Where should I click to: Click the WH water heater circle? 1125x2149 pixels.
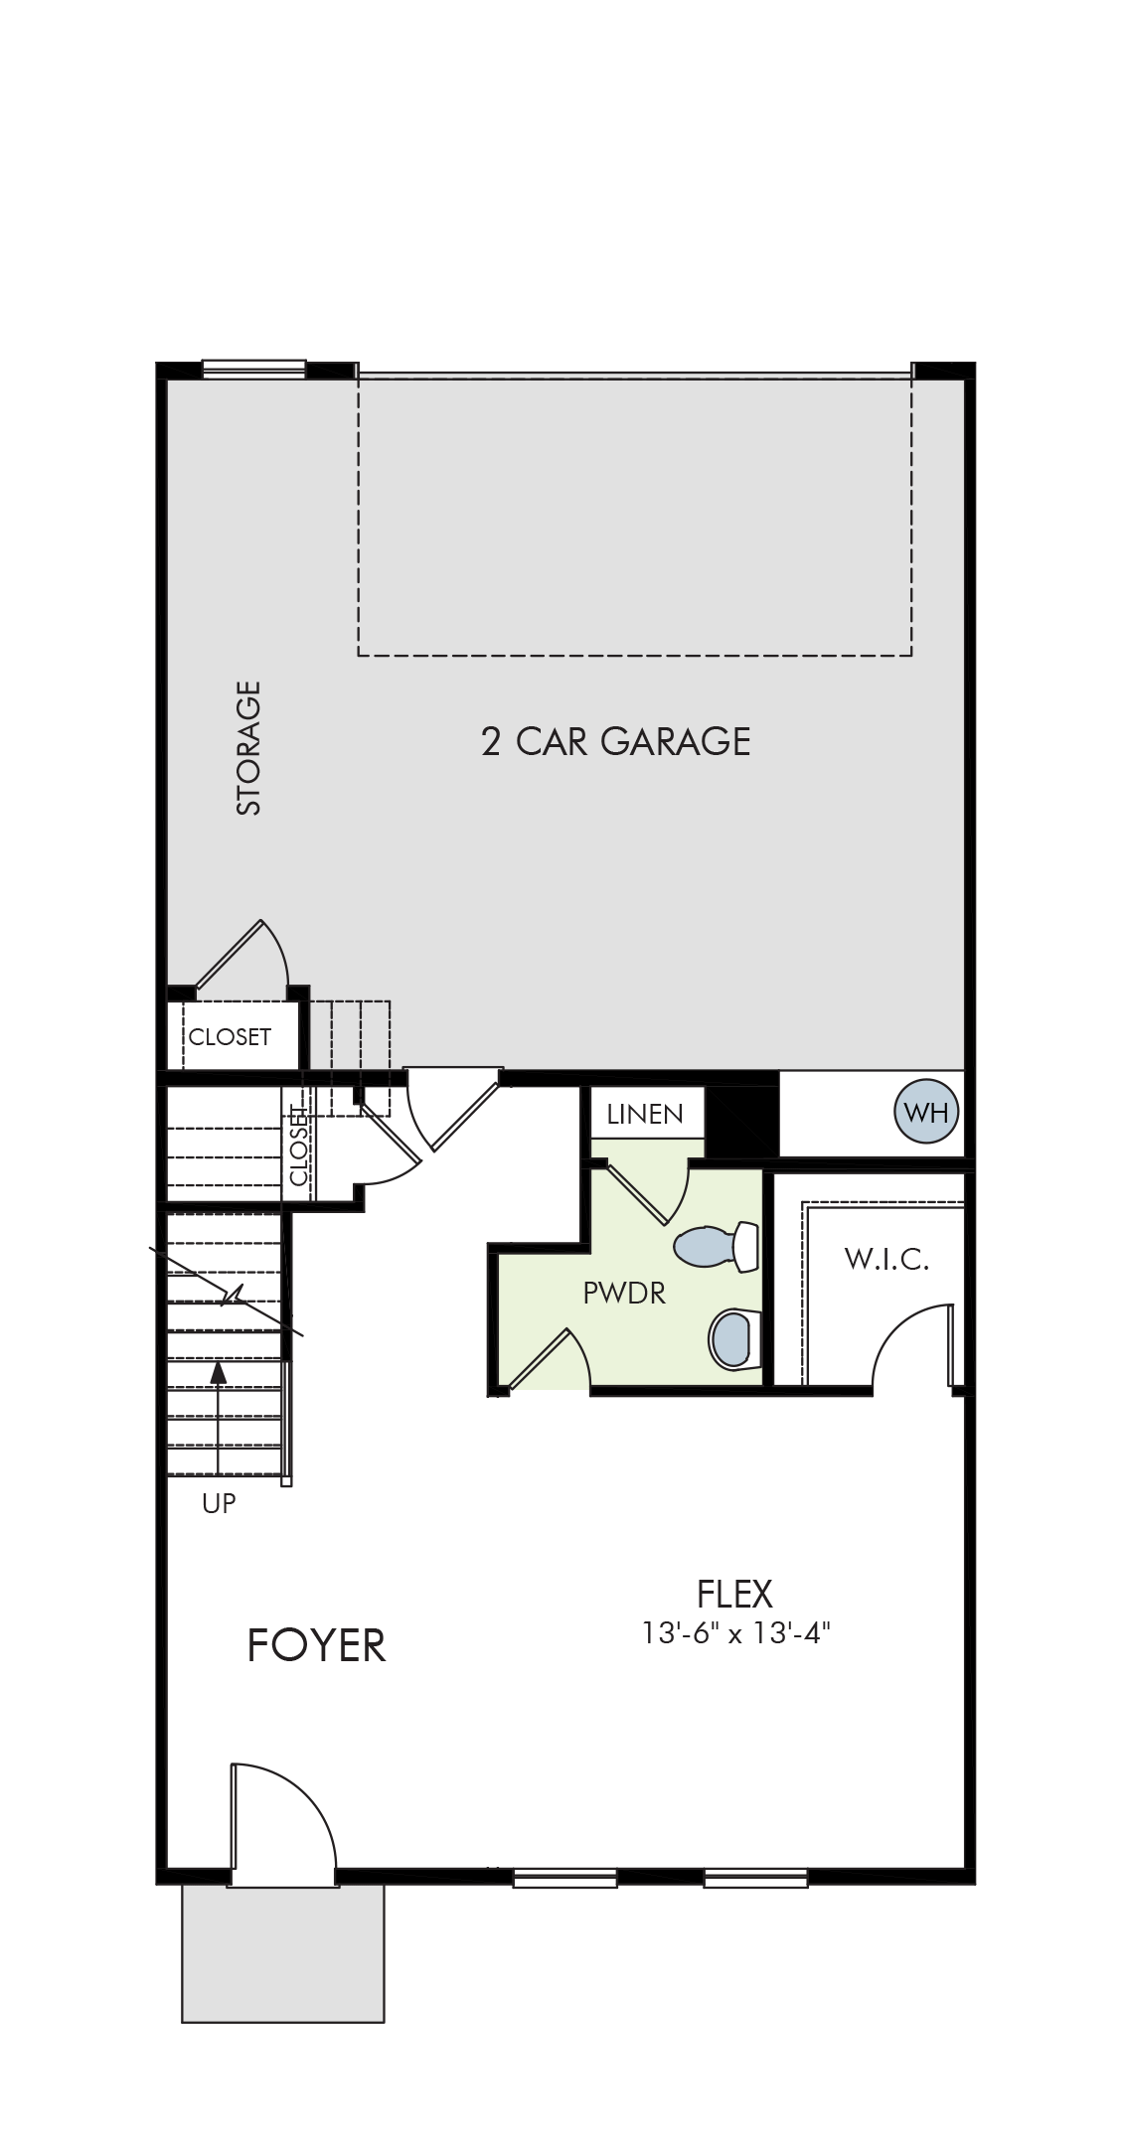(x=927, y=1112)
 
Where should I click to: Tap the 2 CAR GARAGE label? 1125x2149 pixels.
(x=615, y=742)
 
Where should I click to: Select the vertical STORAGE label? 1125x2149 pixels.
(x=248, y=747)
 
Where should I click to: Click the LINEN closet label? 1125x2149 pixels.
(x=645, y=1114)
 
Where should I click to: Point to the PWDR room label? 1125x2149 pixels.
(x=624, y=1293)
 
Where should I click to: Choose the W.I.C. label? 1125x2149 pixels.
(x=886, y=1260)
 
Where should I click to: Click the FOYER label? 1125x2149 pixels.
(x=316, y=1644)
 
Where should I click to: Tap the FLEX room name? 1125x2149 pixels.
(x=734, y=1594)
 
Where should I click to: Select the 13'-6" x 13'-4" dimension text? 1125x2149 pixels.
(x=735, y=1633)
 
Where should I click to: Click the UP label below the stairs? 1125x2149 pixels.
(x=219, y=1503)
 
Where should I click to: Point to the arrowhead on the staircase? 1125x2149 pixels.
(x=219, y=1372)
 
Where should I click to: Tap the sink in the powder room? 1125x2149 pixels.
(x=734, y=1339)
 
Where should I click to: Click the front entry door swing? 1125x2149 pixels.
(x=283, y=1824)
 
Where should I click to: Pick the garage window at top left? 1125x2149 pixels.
(x=253, y=369)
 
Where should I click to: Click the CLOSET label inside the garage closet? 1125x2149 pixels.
(x=230, y=1036)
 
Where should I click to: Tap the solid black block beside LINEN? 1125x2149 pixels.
(x=741, y=1122)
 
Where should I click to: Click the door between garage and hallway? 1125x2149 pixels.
(x=452, y=1109)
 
